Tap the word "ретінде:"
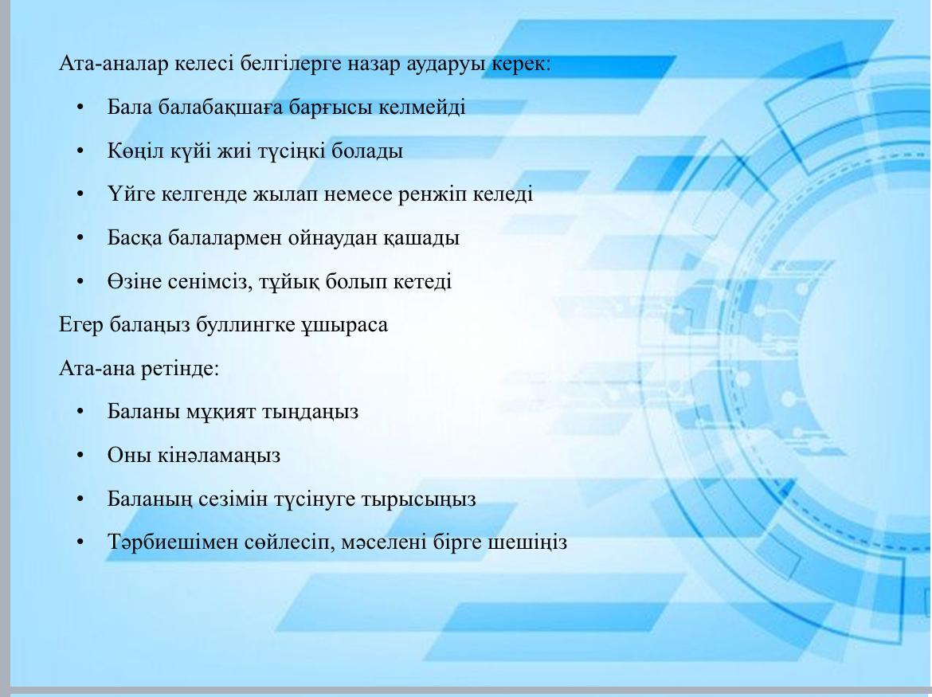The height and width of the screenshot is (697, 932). (180, 368)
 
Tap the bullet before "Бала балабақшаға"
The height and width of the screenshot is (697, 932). (80, 108)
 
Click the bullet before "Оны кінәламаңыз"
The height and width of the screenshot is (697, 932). (80, 456)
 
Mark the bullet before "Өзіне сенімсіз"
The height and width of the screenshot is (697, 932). (80, 282)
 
